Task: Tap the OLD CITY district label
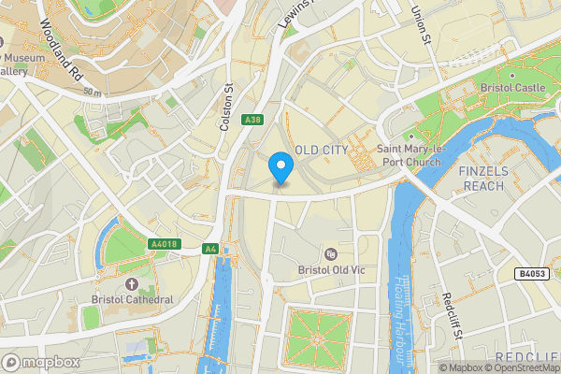tap(322, 151)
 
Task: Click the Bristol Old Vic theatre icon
tap(329, 254)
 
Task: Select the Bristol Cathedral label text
tap(132, 299)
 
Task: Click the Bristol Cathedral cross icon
tap(131, 283)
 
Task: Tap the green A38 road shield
tap(252, 120)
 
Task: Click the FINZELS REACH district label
tap(482, 179)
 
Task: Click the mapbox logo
tap(38, 361)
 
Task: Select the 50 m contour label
tap(92, 92)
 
